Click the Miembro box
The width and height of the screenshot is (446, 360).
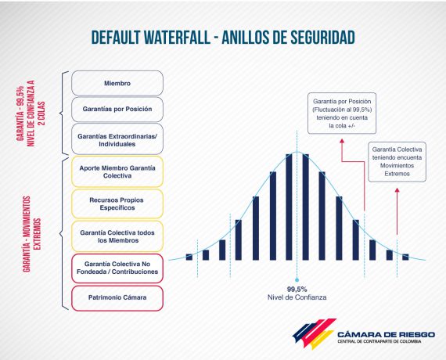(117, 83)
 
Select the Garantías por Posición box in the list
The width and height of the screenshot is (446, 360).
(117, 110)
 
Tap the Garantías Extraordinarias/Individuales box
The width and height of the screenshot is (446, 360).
(117, 139)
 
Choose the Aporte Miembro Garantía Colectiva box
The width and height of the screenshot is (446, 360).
(117, 171)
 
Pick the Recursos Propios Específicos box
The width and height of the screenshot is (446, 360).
(117, 203)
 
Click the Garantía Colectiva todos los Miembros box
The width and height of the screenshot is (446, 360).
(117, 236)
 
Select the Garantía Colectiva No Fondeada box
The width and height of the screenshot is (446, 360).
(117, 268)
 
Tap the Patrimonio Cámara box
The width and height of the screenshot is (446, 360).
(117, 298)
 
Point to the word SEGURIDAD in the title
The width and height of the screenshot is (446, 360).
(319, 38)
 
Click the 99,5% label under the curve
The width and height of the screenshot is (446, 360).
(297, 289)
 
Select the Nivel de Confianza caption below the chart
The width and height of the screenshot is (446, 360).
(297, 297)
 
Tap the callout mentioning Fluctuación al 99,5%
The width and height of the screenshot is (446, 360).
(342, 113)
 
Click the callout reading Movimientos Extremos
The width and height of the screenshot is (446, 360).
(397, 162)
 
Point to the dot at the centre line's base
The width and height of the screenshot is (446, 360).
(297, 280)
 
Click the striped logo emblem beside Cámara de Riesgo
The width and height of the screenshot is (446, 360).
(314, 333)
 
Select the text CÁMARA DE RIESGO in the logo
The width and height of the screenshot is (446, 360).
(386, 334)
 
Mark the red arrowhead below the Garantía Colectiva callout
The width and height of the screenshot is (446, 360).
(397, 190)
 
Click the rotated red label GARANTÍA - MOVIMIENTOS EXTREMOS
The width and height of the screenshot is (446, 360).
(32, 234)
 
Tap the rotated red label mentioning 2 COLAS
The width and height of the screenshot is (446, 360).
(31, 113)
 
